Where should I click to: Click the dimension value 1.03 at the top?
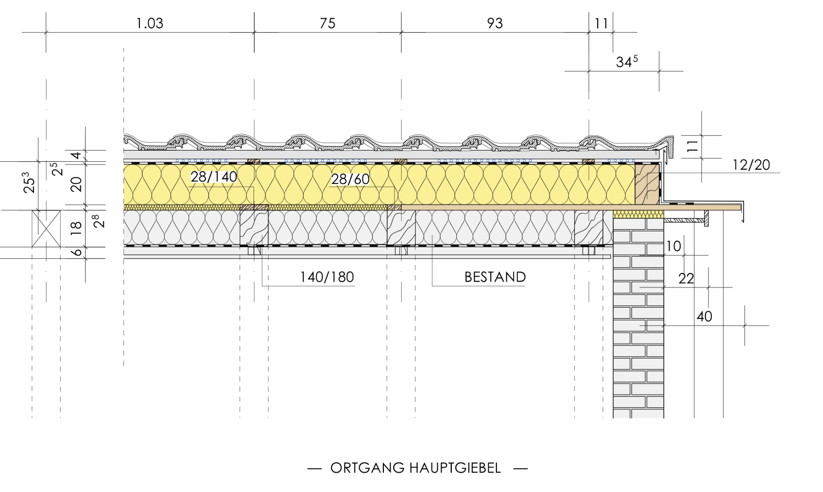[x=150, y=23]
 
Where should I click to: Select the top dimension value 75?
[x=328, y=23]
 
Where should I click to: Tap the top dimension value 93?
[x=495, y=23]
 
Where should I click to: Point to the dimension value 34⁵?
[x=627, y=61]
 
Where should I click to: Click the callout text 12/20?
[x=751, y=165]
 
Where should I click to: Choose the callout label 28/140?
[x=214, y=177]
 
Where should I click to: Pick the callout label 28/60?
[x=350, y=179]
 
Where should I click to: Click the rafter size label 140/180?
[x=327, y=277]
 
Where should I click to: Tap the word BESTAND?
[x=495, y=277]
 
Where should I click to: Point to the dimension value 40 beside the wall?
[x=704, y=317]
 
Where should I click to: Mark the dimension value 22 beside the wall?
[x=686, y=279]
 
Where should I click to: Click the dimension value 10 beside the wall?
[x=674, y=246]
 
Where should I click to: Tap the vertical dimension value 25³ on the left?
[x=29, y=183]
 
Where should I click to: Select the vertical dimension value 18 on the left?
[x=76, y=228]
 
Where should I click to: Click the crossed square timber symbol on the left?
[x=46, y=229]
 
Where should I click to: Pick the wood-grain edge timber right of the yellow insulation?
[x=647, y=184]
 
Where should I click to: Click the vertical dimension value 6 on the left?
[x=77, y=252]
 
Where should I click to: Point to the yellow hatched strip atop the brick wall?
[x=638, y=214]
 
